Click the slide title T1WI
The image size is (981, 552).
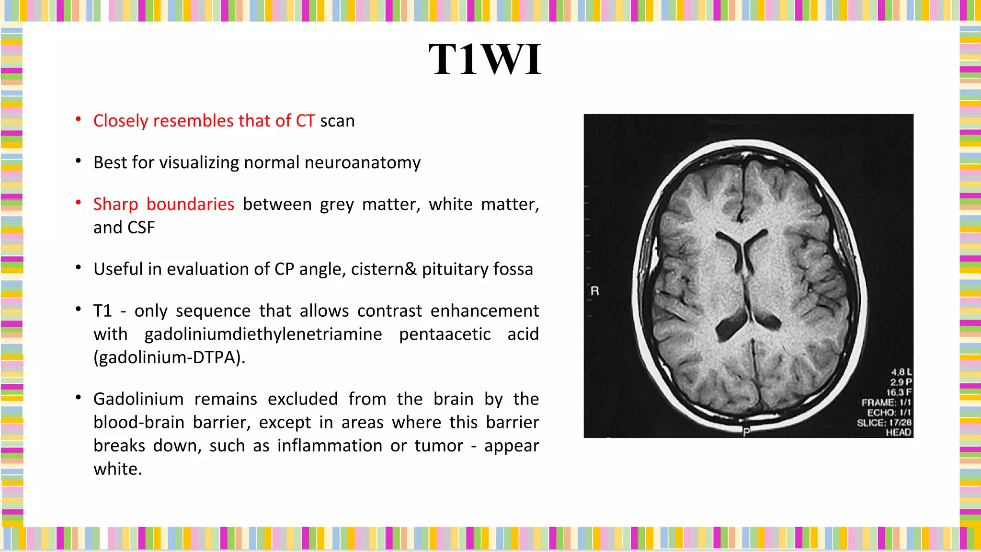coord(485,59)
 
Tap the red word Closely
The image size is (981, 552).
coord(121,121)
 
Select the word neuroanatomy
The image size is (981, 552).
coord(362,163)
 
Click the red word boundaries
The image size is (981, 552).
coord(190,205)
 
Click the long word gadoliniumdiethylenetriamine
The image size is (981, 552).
coord(263,334)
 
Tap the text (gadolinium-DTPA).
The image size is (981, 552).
coord(169,357)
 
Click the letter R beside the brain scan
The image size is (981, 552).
coord(594,291)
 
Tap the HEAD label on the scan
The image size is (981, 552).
coord(898,433)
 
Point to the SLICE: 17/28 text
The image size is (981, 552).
coord(884,423)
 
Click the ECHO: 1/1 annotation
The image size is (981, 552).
coord(889,413)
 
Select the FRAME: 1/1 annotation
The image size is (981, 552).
coord(886,402)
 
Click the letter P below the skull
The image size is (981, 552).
coord(746,432)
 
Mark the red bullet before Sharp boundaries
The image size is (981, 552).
coord(78,203)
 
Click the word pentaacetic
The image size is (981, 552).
coord(445,334)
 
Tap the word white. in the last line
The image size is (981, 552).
coord(118,469)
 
